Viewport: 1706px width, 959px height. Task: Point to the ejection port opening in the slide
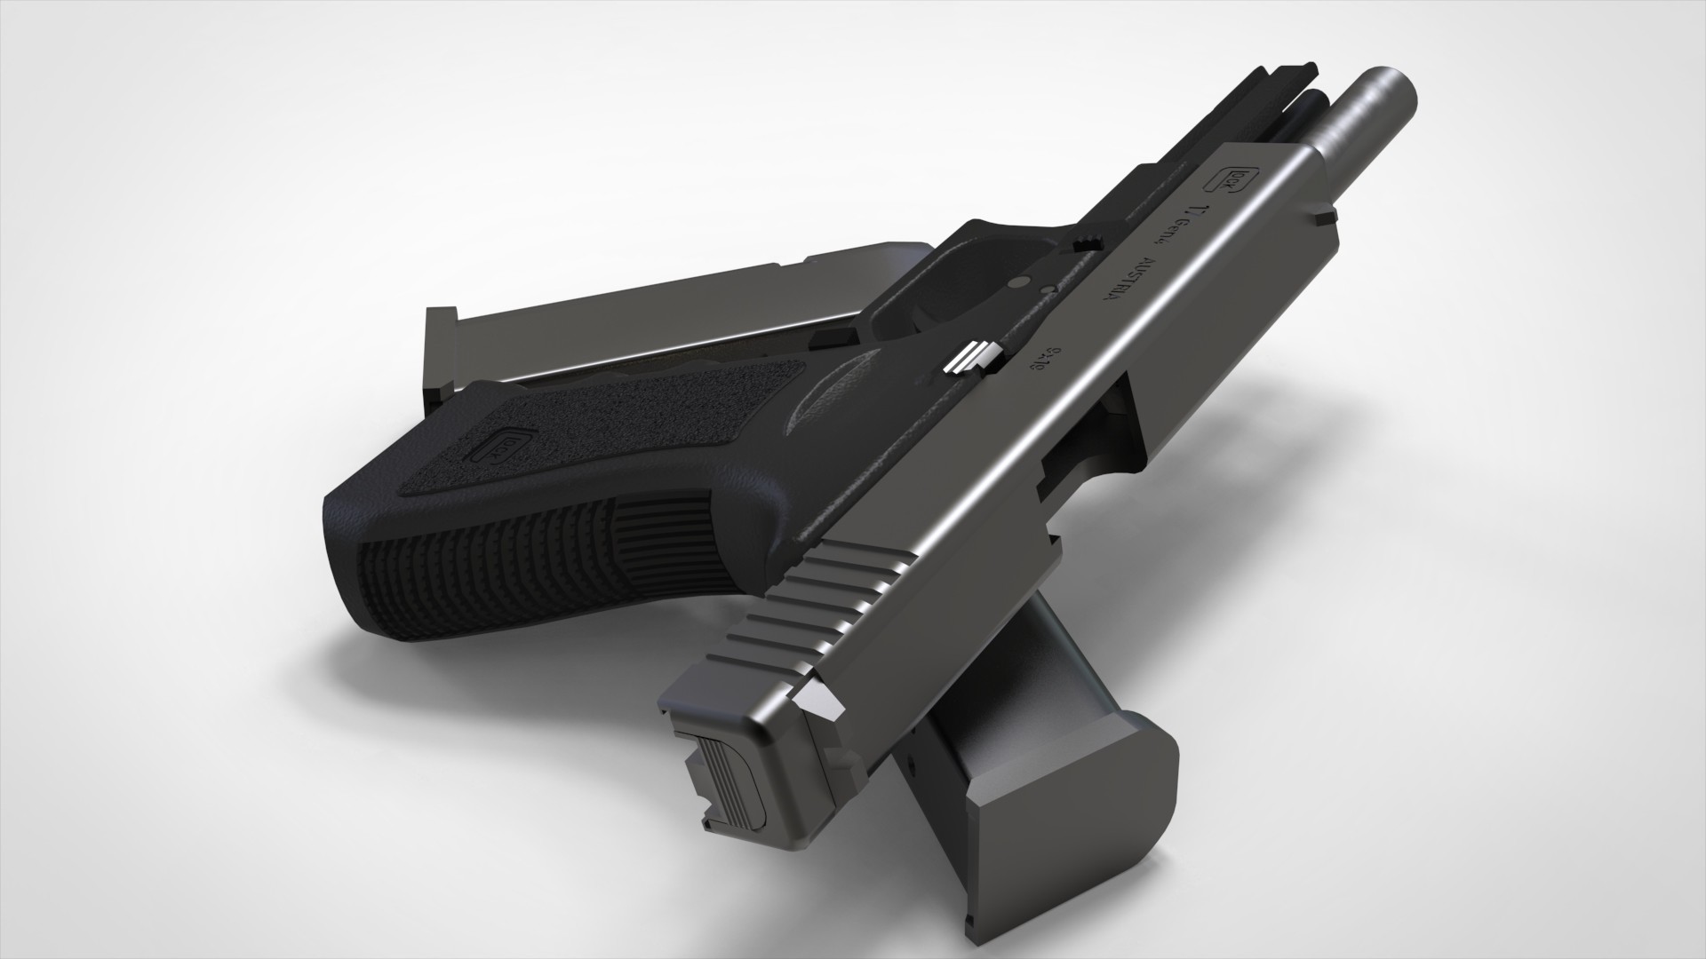click(x=1080, y=453)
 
